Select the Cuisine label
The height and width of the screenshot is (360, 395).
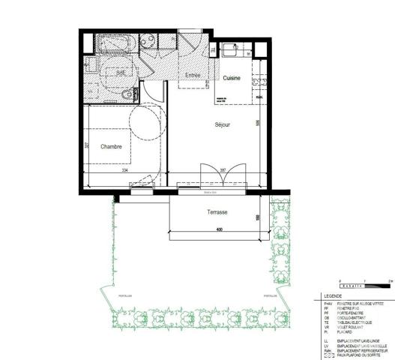coord(231,78)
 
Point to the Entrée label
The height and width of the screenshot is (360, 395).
coord(193,76)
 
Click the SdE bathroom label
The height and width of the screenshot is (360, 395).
coord(121,73)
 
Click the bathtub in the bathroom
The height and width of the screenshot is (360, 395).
coord(116,43)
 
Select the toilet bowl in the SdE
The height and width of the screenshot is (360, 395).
coord(127,94)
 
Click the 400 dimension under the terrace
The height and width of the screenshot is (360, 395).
coord(219,229)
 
